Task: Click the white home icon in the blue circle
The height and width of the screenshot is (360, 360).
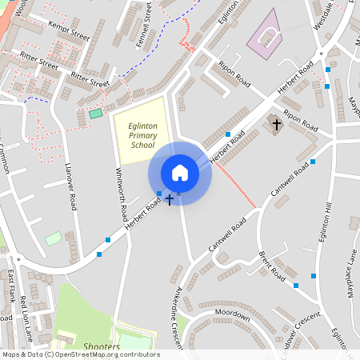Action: pos(180,173)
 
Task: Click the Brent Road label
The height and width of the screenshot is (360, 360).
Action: pos(273,266)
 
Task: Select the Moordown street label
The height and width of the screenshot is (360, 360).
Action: pos(233,313)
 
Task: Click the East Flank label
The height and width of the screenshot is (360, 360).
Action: pos(11,285)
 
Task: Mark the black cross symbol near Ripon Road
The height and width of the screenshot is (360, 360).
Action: pos(277,124)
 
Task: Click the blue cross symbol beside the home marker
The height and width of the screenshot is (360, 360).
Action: pos(169,199)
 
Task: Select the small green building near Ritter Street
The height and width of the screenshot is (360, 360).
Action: pos(96,114)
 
